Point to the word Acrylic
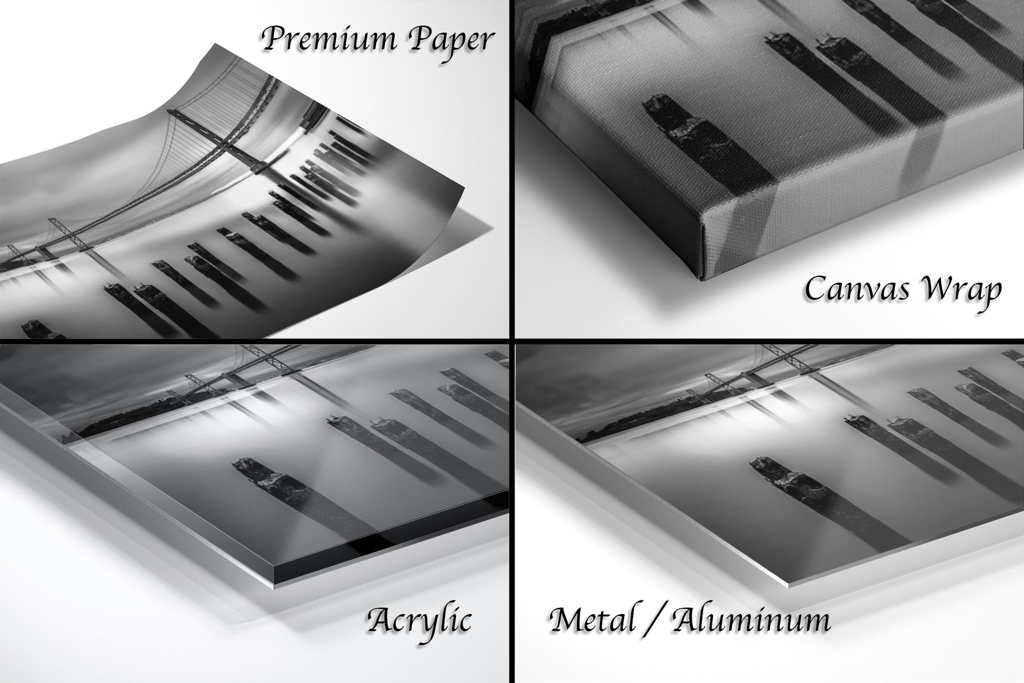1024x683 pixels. (419, 621)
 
